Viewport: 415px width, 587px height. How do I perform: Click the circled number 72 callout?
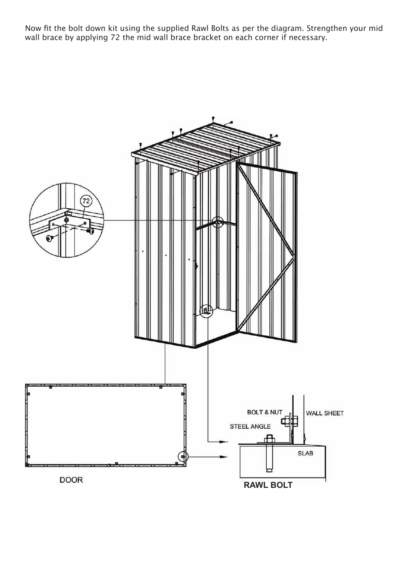coord(86,201)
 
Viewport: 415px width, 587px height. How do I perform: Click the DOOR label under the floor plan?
coord(71,480)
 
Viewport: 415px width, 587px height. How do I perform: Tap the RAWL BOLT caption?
coord(268,485)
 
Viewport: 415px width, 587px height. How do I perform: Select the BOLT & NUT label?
coord(264,412)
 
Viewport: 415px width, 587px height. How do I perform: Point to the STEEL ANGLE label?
coord(250,426)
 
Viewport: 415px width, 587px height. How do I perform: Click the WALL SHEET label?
coord(325,413)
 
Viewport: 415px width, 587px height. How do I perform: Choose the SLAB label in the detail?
coord(305,453)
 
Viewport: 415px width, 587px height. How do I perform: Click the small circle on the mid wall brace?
coord(218,222)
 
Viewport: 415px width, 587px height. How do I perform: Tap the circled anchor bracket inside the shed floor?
coord(206,310)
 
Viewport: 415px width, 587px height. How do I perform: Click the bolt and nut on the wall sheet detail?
coord(289,420)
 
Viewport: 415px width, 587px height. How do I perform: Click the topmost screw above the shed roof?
coord(213,118)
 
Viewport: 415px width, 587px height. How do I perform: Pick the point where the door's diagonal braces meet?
coord(295,259)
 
